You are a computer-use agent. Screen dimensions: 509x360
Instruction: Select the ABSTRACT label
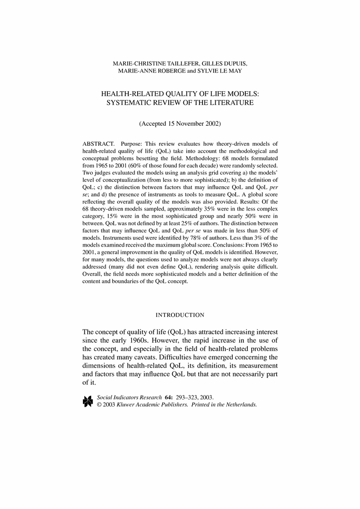(97, 144)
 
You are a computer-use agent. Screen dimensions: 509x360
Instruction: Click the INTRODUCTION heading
(180, 315)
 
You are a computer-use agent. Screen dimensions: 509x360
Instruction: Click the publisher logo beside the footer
(88, 401)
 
